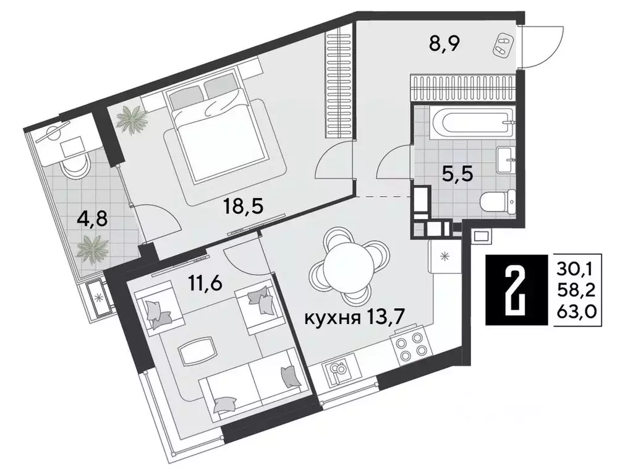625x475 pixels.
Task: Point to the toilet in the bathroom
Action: (495, 200)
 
